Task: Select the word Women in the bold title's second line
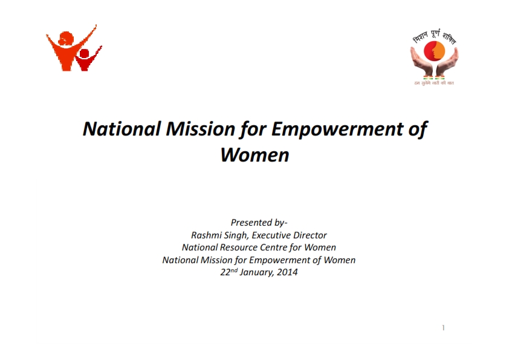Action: coord(254,155)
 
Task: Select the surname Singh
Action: coord(236,235)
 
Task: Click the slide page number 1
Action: coord(443,328)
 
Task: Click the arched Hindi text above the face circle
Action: coord(434,37)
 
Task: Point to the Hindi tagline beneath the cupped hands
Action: coord(434,82)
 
